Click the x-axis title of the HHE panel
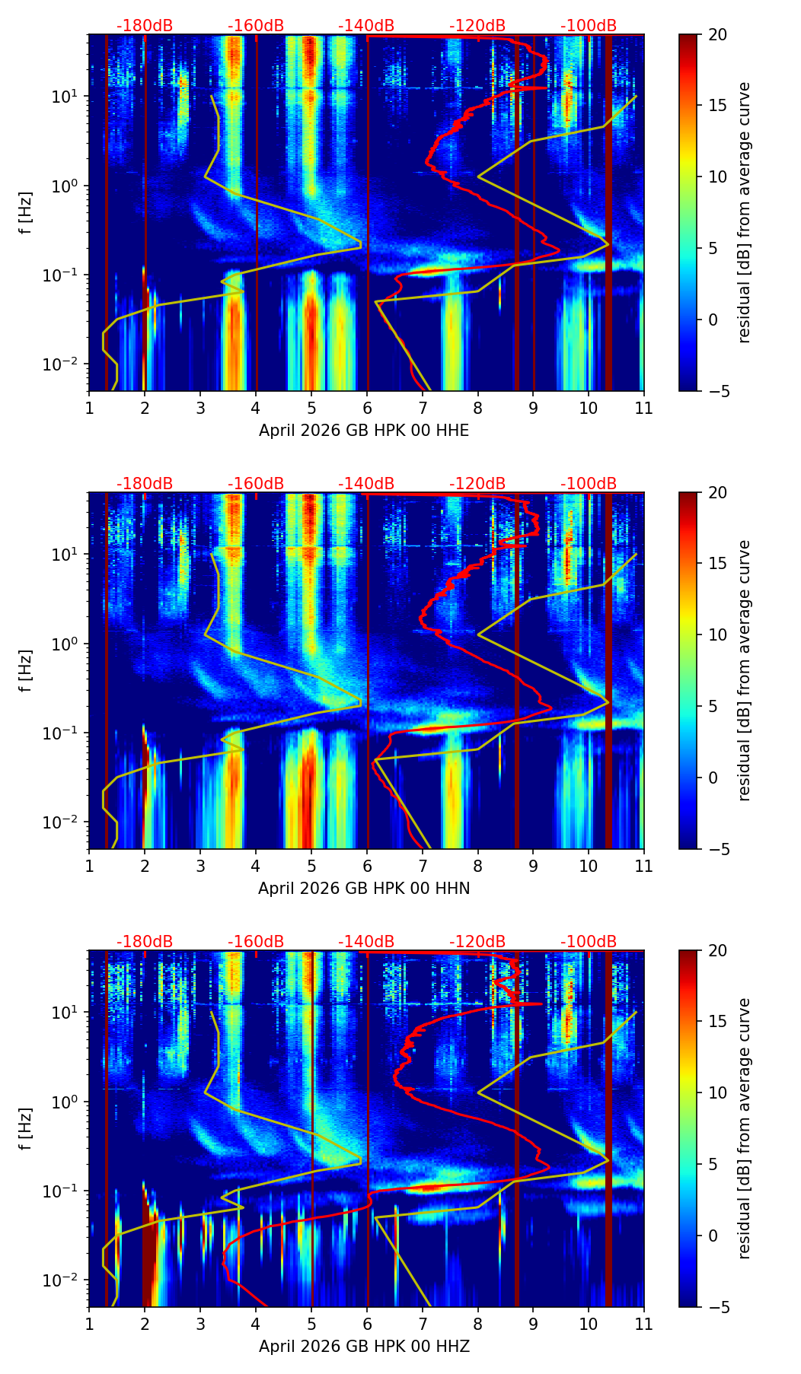(364, 431)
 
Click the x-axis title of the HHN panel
(364, 889)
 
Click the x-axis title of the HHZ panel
(364, 1347)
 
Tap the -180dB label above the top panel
(145, 26)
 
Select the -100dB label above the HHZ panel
(589, 942)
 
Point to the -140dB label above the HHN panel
(366, 484)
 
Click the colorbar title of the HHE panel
(745, 212)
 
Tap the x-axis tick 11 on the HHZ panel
(643, 1325)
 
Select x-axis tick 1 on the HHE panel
(89, 409)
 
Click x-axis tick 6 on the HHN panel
(366, 867)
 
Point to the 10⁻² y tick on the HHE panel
(64, 364)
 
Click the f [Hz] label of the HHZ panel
(26, 1128)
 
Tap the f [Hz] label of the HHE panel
(26, 212)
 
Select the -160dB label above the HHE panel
(256, 26)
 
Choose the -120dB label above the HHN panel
(477, 484)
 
